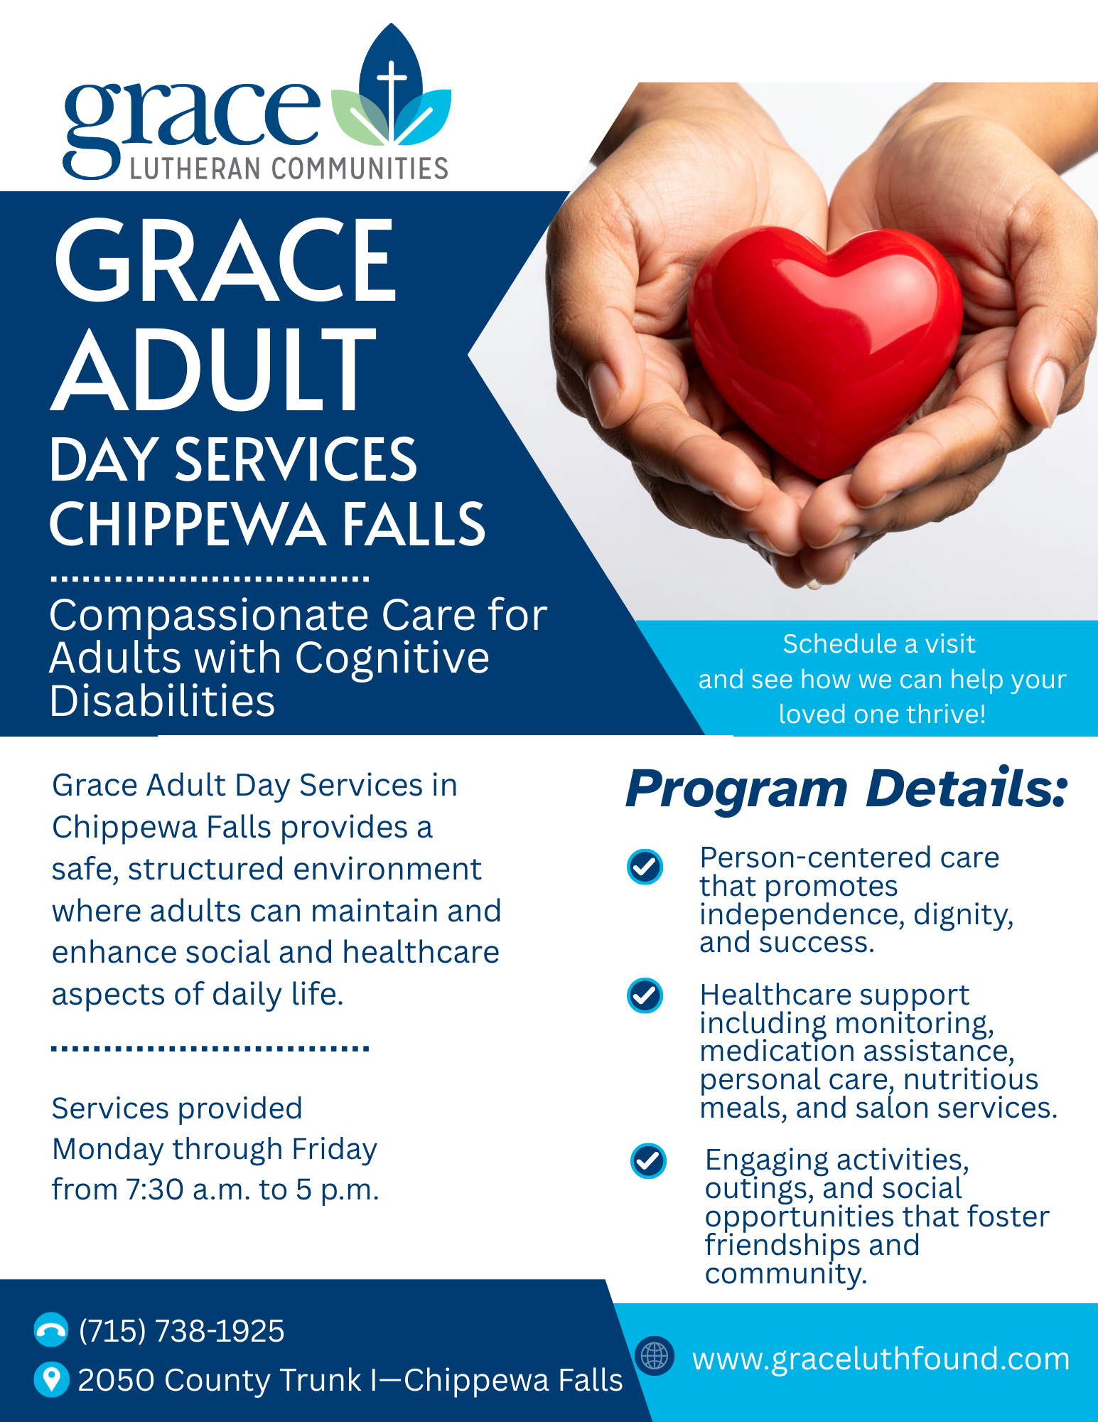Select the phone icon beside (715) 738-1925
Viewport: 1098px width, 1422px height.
coord(51,1330)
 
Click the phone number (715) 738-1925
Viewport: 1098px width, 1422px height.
coord(181,1331)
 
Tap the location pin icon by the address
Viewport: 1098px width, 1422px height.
coord(51,1379)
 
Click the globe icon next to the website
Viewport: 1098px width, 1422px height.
coord(654,1356)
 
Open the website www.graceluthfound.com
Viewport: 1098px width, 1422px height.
coord(881,1359)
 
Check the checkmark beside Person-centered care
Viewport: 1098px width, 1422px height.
coord(645,867)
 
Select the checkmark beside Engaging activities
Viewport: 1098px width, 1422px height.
coord(648,1161)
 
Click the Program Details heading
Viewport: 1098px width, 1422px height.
coord(846,789)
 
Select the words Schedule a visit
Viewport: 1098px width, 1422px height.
coord(879,644)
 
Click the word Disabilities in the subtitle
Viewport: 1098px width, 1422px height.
coord(163,702)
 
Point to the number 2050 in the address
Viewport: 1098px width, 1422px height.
coord(116,1380)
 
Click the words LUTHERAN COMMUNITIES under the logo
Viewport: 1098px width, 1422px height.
coord(289,169)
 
